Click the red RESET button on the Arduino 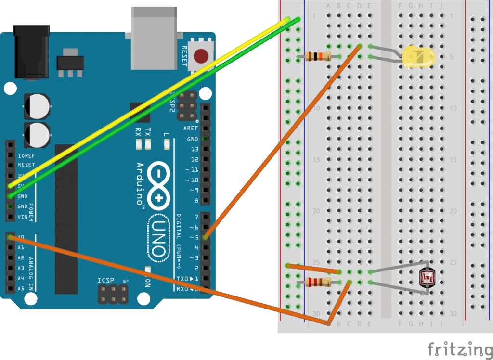pyautogui.click(x=201, y=56)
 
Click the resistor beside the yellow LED pyautogui.click(x=318, y=56)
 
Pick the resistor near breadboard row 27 pyautogui.click(x=318, y=283)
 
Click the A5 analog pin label pyautogui.click(x=21, y=289)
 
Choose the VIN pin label pyautogui.click(x=22, y=217)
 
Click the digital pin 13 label pyautogui.click(x=195, y=149)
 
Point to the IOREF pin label pyautogui.click(x=26, y=156)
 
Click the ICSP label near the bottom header pyautogui.click(x=105, y=280)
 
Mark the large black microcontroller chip pyautogui.click(x=66, y=219)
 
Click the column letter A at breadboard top pyautogui.click(x=328, y=6)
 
